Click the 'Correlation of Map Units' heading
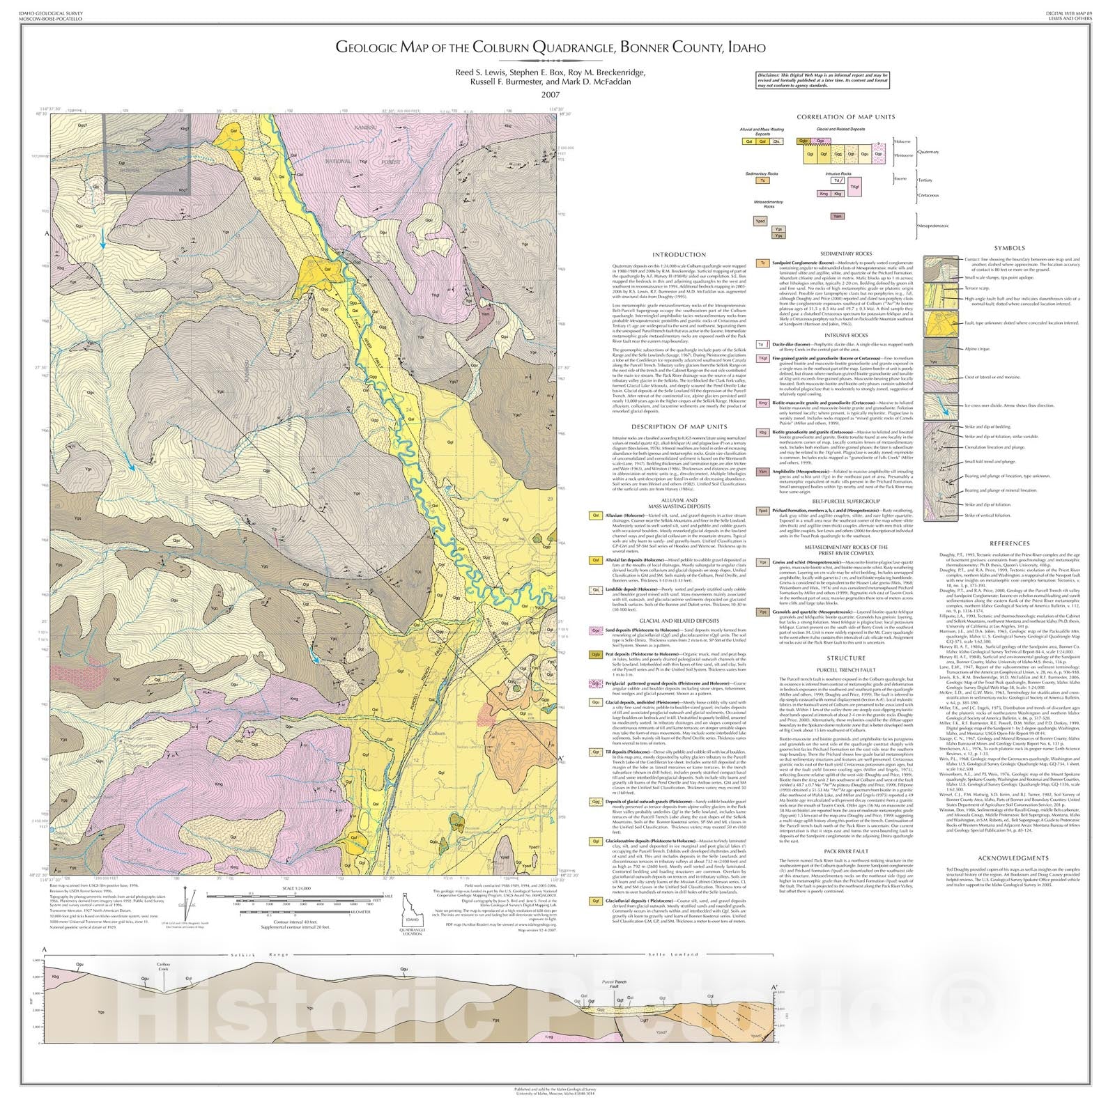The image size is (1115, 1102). tap(846, 117)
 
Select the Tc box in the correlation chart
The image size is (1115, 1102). tap(764, 180)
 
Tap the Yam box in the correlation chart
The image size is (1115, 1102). tap(838, 216)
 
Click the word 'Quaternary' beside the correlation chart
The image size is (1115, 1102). tap(928, 152)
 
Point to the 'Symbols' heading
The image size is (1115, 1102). tap(1009, 248)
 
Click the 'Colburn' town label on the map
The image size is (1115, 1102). tap(436, 734)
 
